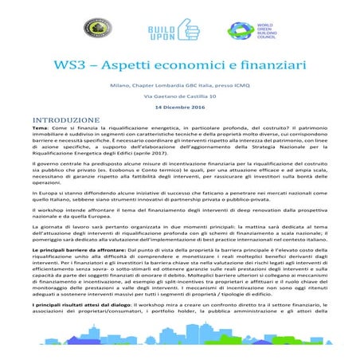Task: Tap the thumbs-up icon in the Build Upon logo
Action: (180, 30)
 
